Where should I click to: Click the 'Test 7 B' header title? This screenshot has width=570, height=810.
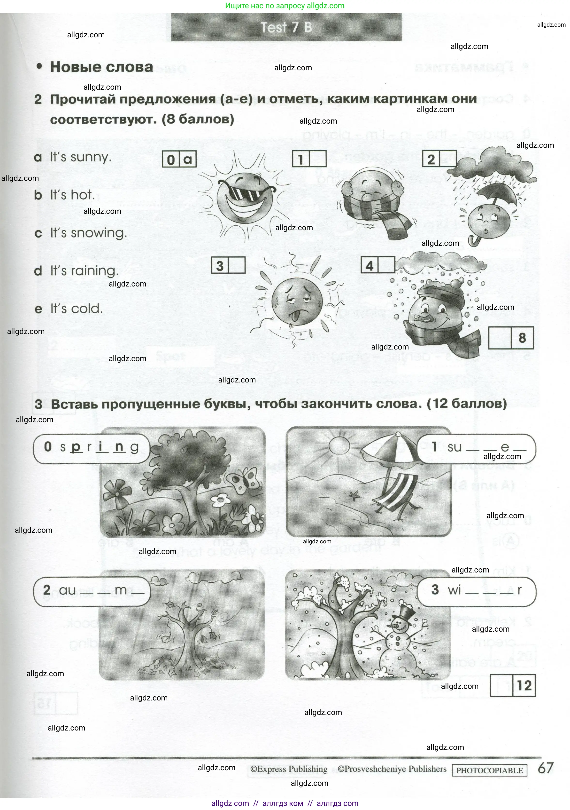286,27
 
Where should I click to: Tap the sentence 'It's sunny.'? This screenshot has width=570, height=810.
80,157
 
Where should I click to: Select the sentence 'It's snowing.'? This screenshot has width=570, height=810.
88,233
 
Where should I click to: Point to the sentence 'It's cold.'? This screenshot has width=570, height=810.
76,309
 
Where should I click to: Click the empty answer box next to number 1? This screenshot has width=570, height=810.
318,159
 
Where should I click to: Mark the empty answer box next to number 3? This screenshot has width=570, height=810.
237,265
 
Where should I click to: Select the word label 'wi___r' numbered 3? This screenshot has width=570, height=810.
476,590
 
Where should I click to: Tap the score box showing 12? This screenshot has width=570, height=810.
524,684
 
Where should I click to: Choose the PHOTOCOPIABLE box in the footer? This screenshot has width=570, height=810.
489,770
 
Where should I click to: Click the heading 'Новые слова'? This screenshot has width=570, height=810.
101,67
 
